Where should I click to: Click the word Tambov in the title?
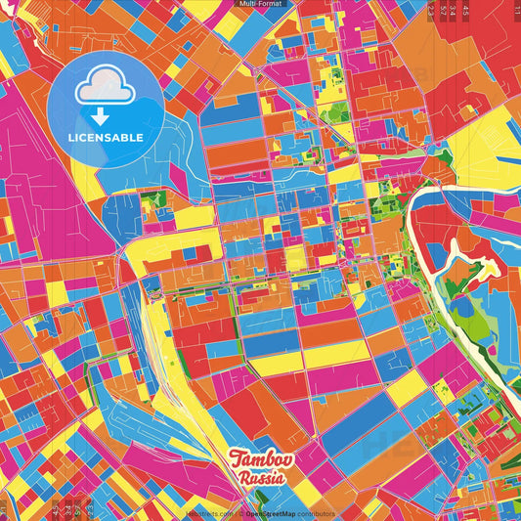257,459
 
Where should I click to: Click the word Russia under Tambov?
262,479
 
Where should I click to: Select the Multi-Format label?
260,4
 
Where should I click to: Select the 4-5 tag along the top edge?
465,9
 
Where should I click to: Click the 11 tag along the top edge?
515,9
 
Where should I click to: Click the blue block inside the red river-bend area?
436,254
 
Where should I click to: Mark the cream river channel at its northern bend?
430,191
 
